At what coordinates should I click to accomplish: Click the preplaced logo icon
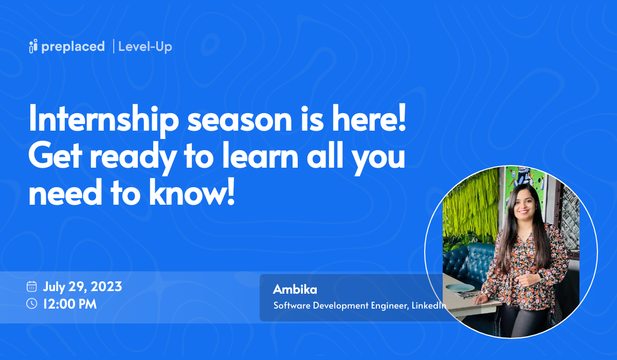tap(33, 46)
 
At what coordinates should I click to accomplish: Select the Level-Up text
tap(145, 46)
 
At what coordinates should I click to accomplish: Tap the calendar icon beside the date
tap(32, 286)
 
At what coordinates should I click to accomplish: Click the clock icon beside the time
tap(32, 303)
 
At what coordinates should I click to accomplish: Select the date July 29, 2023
tap(82, 286)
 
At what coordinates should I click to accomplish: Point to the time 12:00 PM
tap(70, 303)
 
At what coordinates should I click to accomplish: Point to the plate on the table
tap(455, 287)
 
